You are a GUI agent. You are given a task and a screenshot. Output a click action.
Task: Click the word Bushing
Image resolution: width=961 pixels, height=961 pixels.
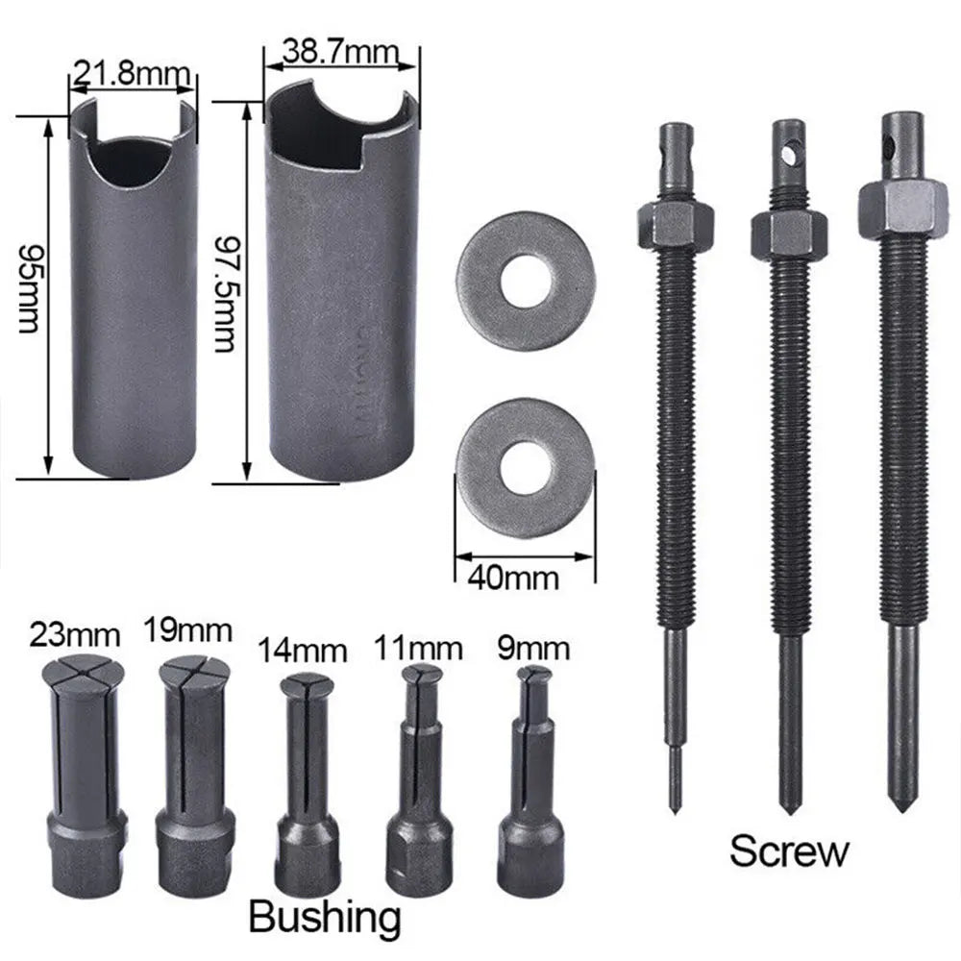coord(324,917)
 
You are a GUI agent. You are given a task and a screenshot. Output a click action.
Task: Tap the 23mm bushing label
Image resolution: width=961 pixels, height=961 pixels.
coord(75,635)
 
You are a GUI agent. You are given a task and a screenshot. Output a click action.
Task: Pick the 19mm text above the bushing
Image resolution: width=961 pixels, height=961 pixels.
coord(188,630)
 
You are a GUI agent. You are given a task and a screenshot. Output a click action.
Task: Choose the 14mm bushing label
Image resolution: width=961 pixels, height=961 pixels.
coord(302,651)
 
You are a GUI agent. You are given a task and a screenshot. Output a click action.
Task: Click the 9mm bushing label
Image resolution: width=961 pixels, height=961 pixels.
coord(530,649)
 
